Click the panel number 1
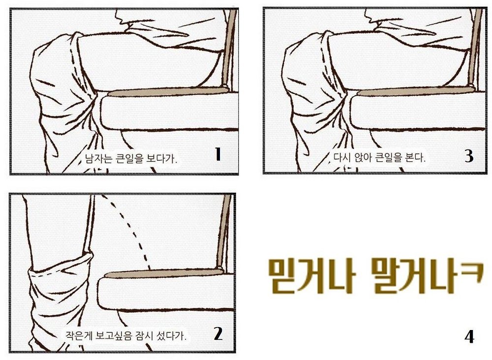(x=218, y=154)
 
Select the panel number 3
(x=469, y=155)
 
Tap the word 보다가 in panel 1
(x=161, y=158)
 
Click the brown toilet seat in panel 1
(x=169, y=91)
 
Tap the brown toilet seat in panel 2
(x=164, y=273)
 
